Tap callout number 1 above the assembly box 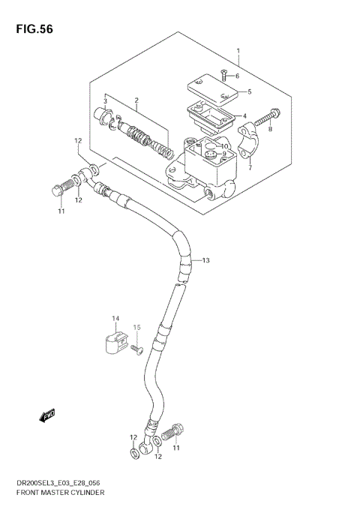[238, 51]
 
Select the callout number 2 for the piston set [136, 100]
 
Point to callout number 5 [249, 92]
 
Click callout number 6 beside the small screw [237, 76]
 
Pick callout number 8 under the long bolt [270, 129]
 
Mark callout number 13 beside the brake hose [205, 260]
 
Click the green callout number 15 [137, 327]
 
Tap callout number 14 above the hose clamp [116, 319]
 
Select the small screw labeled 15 [136, 349]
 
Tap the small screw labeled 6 [223, 73]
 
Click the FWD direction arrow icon [49, 414]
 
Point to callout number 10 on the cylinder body [224, 146]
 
